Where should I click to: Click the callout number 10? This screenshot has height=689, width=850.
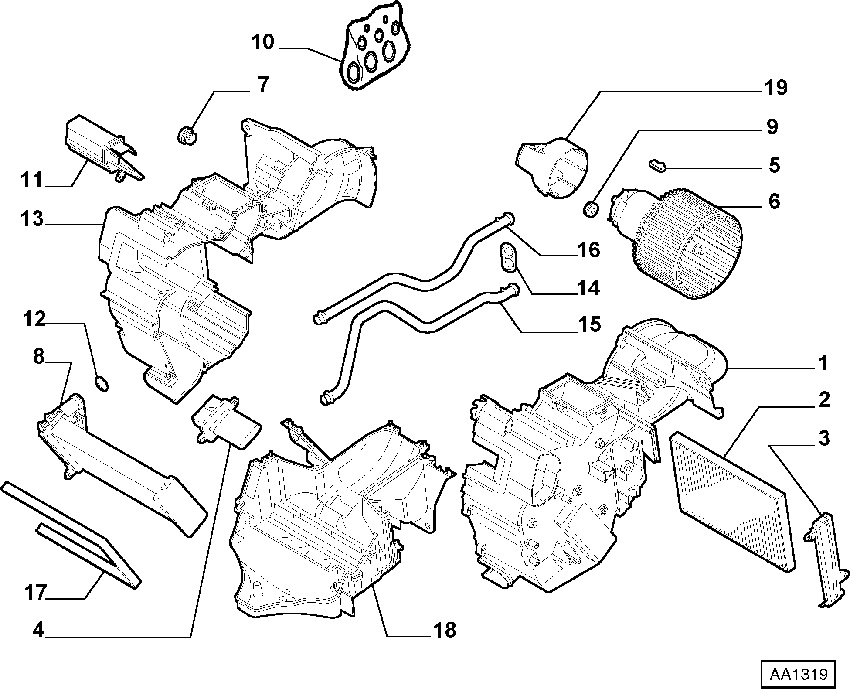tap(262, 42)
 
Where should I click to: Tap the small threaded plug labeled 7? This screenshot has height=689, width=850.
tap(188, 135)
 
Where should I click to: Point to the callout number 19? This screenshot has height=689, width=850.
tap(776, 88)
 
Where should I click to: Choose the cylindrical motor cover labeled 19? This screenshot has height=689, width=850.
tap(553, 167)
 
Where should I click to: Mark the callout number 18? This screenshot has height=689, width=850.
tap(445, 630)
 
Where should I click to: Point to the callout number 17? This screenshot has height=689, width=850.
tap(35, 593)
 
